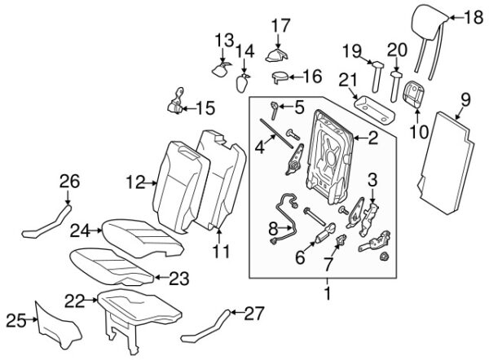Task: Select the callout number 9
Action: click(x=465, y=99)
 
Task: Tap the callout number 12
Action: click(x=136, y=181)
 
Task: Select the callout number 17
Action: click(x=280, y=25)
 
